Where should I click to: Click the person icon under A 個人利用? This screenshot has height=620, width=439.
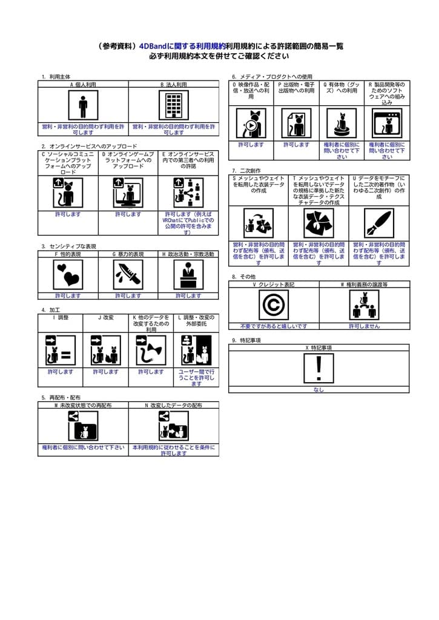(x=83, y=105)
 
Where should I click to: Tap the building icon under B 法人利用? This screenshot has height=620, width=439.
(x=174, y=105)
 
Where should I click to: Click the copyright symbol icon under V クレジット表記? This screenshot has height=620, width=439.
(x=274, y=305)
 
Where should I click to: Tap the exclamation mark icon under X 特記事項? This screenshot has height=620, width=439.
(x=319, y=368)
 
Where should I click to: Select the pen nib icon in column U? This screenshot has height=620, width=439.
(x=379, y=223)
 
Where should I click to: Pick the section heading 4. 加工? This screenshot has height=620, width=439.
(x=50, y=310)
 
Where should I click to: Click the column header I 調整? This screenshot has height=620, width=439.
(x=61, y=317)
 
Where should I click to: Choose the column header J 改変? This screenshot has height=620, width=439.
(x=105, y=317)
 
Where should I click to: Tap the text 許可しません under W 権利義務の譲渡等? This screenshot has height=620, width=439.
(x=364, y=326)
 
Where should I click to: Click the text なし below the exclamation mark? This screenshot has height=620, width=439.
(x=319, y=390)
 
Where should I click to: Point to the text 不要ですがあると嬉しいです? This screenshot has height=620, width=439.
(x=274, y=326)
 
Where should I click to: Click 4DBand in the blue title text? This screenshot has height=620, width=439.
(x=152, y=45)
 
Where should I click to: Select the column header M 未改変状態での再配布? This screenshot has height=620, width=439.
(x=83, y=405)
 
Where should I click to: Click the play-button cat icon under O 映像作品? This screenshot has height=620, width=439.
(x=251, y=124)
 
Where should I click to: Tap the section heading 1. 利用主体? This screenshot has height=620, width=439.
(x=56, y=77)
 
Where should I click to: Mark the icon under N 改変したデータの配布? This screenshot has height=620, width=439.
(x=173, y=426)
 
